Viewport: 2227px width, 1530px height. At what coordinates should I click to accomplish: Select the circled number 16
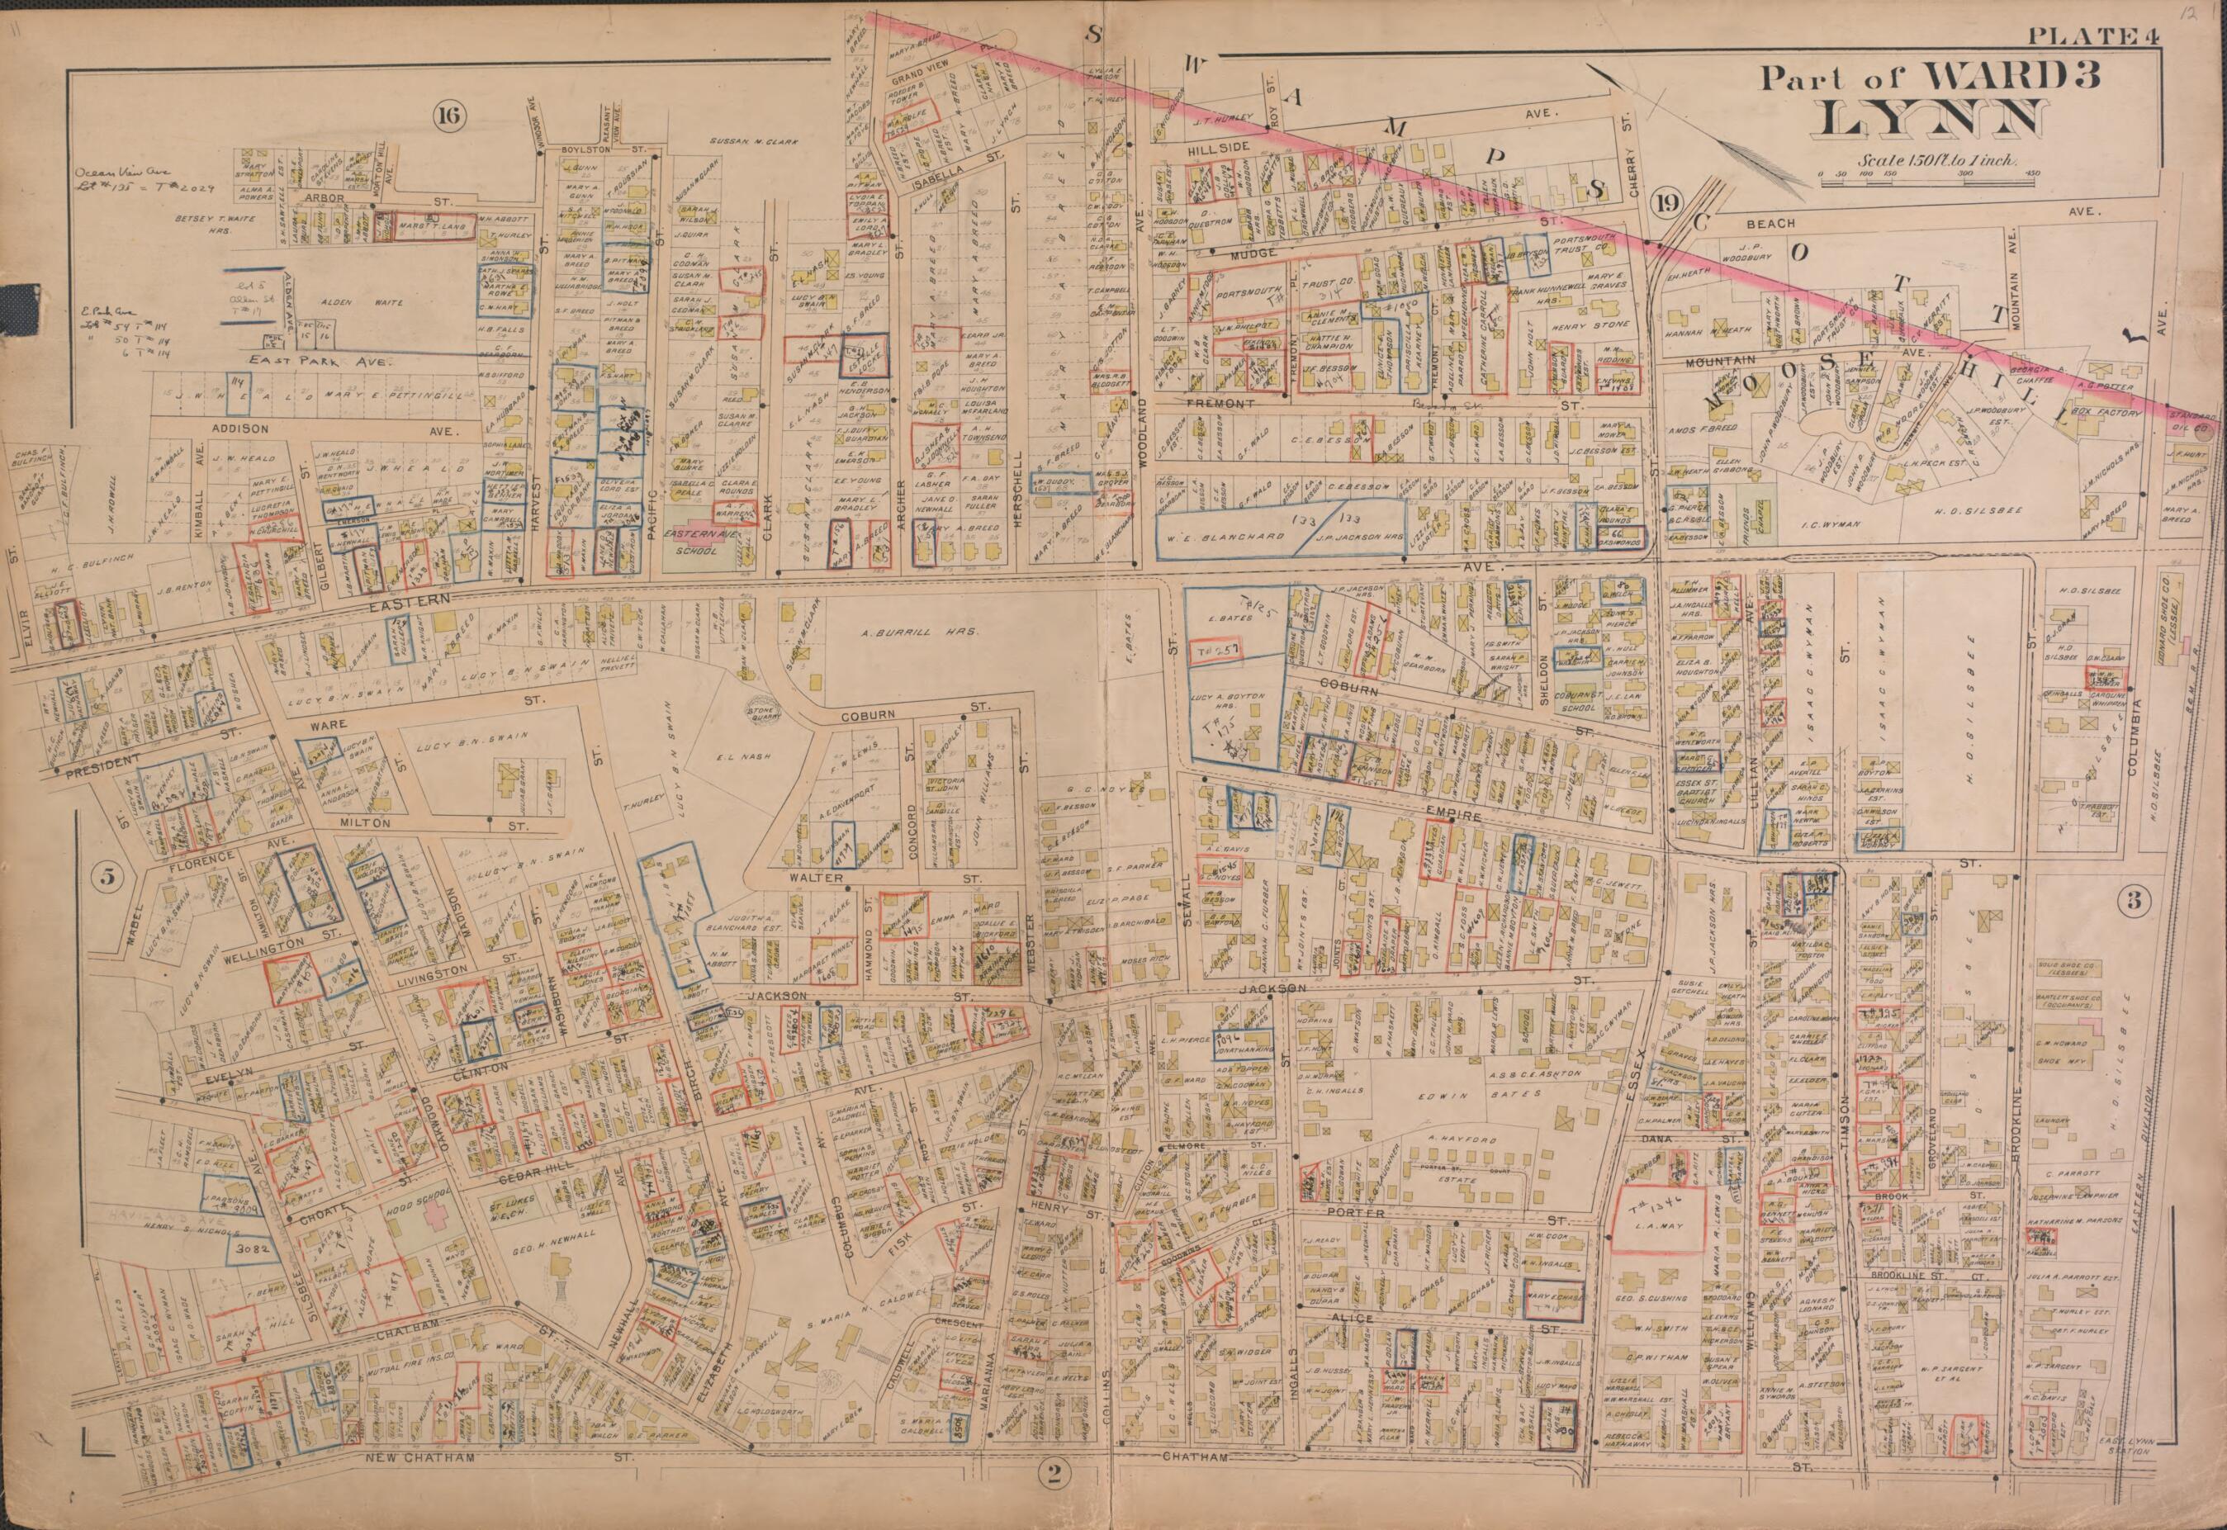click(x=448, y=117)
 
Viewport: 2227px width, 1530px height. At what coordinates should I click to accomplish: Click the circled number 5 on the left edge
click(x=107, y=874)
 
